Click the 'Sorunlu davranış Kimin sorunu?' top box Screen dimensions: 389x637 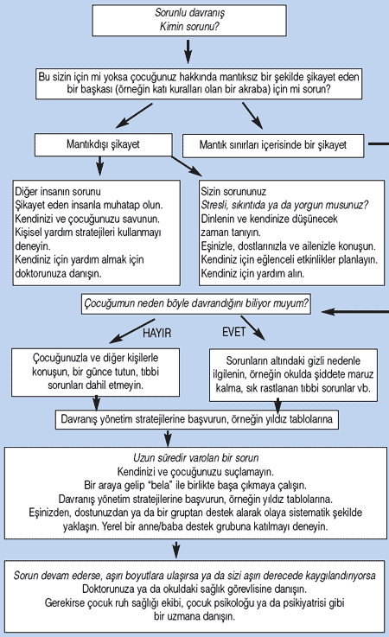pyautogui.click(x=189, y=21)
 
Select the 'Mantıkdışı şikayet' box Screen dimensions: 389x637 pyautogui.click(x=103, y=144)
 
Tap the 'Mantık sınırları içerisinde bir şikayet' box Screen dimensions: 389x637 pyautogui.click(x=273, y=145)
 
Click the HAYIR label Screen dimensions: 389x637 pyautogui.click(x=157, y=333)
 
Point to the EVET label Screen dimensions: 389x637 pyautogui.click(x=233, y=332)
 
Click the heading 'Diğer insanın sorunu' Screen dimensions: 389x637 pyautogui.click(x=58, y=191)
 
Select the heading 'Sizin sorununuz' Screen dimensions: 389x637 pyautogui.click(x=233, y=191)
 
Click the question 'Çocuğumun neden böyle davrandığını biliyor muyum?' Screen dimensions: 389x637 pyautogui.click(x=196, y=303)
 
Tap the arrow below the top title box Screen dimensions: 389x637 pyautogui.click(x=188, y=51)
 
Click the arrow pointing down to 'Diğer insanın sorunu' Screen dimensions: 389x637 pyautogui.click(x=100, y=166)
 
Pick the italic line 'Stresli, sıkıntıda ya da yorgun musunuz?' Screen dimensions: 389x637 pyautogui.click(x=284, y=205)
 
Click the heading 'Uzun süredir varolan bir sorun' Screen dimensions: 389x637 pyautogui.click(x=196, y=458)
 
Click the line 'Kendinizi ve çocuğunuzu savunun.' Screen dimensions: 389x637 pyautogui.click(x=87, y=219)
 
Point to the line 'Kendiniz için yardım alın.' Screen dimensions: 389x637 pyautogui.click(x=252, y=273)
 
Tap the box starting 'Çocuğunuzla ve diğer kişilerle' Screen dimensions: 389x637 pyautogui.click(x=96, y=373)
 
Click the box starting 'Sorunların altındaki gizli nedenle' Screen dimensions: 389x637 pyautogui.click(x=293, y=375)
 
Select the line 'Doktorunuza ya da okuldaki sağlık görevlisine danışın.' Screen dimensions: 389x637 pyautogui.click(x=194, y=589)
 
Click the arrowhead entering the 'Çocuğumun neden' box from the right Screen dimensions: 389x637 pyautogui.click(x=328, y=312)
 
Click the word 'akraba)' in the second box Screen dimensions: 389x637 pyautogui.click(x=254, y=89)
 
